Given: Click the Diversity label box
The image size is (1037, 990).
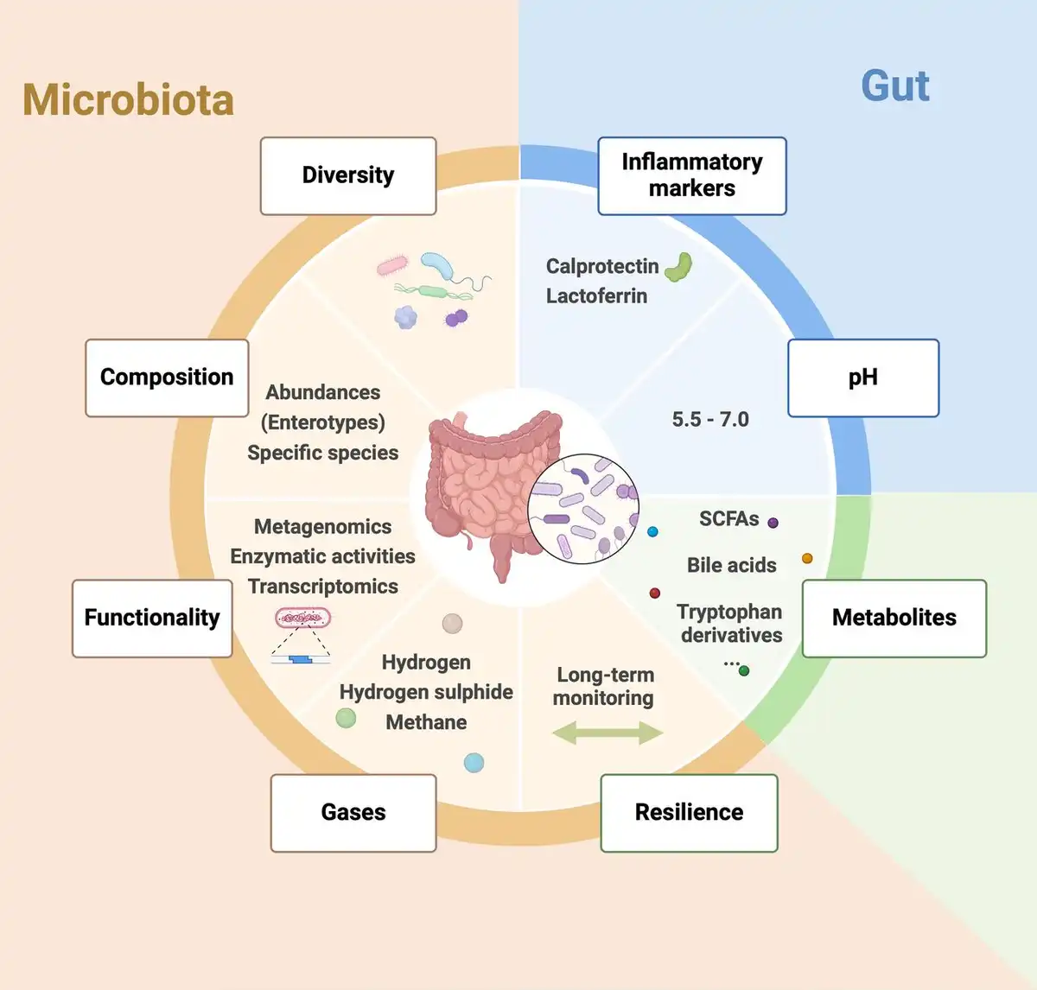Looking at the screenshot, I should coord(348,175).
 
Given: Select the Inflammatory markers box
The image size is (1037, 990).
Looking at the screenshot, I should coord(691,175).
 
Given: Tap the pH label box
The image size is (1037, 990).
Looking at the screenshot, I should coord(862,378).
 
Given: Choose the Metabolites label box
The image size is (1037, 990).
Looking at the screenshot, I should coord(894,618).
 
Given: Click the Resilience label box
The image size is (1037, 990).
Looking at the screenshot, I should coord(689,812).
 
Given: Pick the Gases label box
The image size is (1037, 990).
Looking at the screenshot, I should coord(353,812).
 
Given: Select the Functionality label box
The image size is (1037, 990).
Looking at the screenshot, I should coord(152,618).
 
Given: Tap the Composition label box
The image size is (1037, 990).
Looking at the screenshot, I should coord(167,378).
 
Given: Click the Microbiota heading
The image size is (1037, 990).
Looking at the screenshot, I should coord(128,100).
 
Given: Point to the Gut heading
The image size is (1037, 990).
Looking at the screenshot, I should coord(894,86).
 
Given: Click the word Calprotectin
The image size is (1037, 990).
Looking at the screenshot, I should coord(602,266).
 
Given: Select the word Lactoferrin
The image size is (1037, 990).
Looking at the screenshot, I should coord(596,295).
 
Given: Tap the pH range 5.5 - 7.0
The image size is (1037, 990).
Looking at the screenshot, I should coord(710,420).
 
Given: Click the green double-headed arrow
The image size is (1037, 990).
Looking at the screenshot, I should coord(607,733).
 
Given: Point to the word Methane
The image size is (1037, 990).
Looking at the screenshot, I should coord(426,722).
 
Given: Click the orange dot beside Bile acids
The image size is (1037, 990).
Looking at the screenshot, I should coord(807,558).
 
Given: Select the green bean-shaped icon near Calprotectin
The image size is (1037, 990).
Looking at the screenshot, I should coord(678,266).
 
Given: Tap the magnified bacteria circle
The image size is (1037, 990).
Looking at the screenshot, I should coord(583,509).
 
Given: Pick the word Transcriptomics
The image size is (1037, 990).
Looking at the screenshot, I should coord(323,587).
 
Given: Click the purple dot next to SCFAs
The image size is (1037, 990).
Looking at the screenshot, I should coord(773,523).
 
